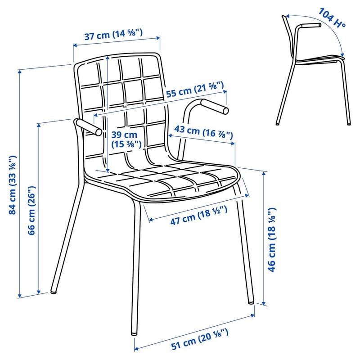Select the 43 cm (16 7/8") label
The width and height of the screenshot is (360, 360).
coord(203,132)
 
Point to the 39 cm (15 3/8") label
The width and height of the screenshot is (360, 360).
coord(126,139)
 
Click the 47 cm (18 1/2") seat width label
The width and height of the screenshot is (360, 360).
coord(199,215)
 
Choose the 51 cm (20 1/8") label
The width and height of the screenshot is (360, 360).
coord(200,339)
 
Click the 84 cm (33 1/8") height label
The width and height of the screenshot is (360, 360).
coord(13,185)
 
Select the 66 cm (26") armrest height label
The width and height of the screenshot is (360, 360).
coord(31,210)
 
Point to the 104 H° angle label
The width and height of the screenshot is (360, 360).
coord(332,18)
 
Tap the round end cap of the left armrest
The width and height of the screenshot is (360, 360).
coord(99,132)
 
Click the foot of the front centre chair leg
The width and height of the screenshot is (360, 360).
coord(134,333)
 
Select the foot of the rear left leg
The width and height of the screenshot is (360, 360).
coord(53,292)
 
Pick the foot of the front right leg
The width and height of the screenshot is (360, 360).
coord(251,302)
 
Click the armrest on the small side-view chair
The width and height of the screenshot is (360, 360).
coord(311,25)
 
